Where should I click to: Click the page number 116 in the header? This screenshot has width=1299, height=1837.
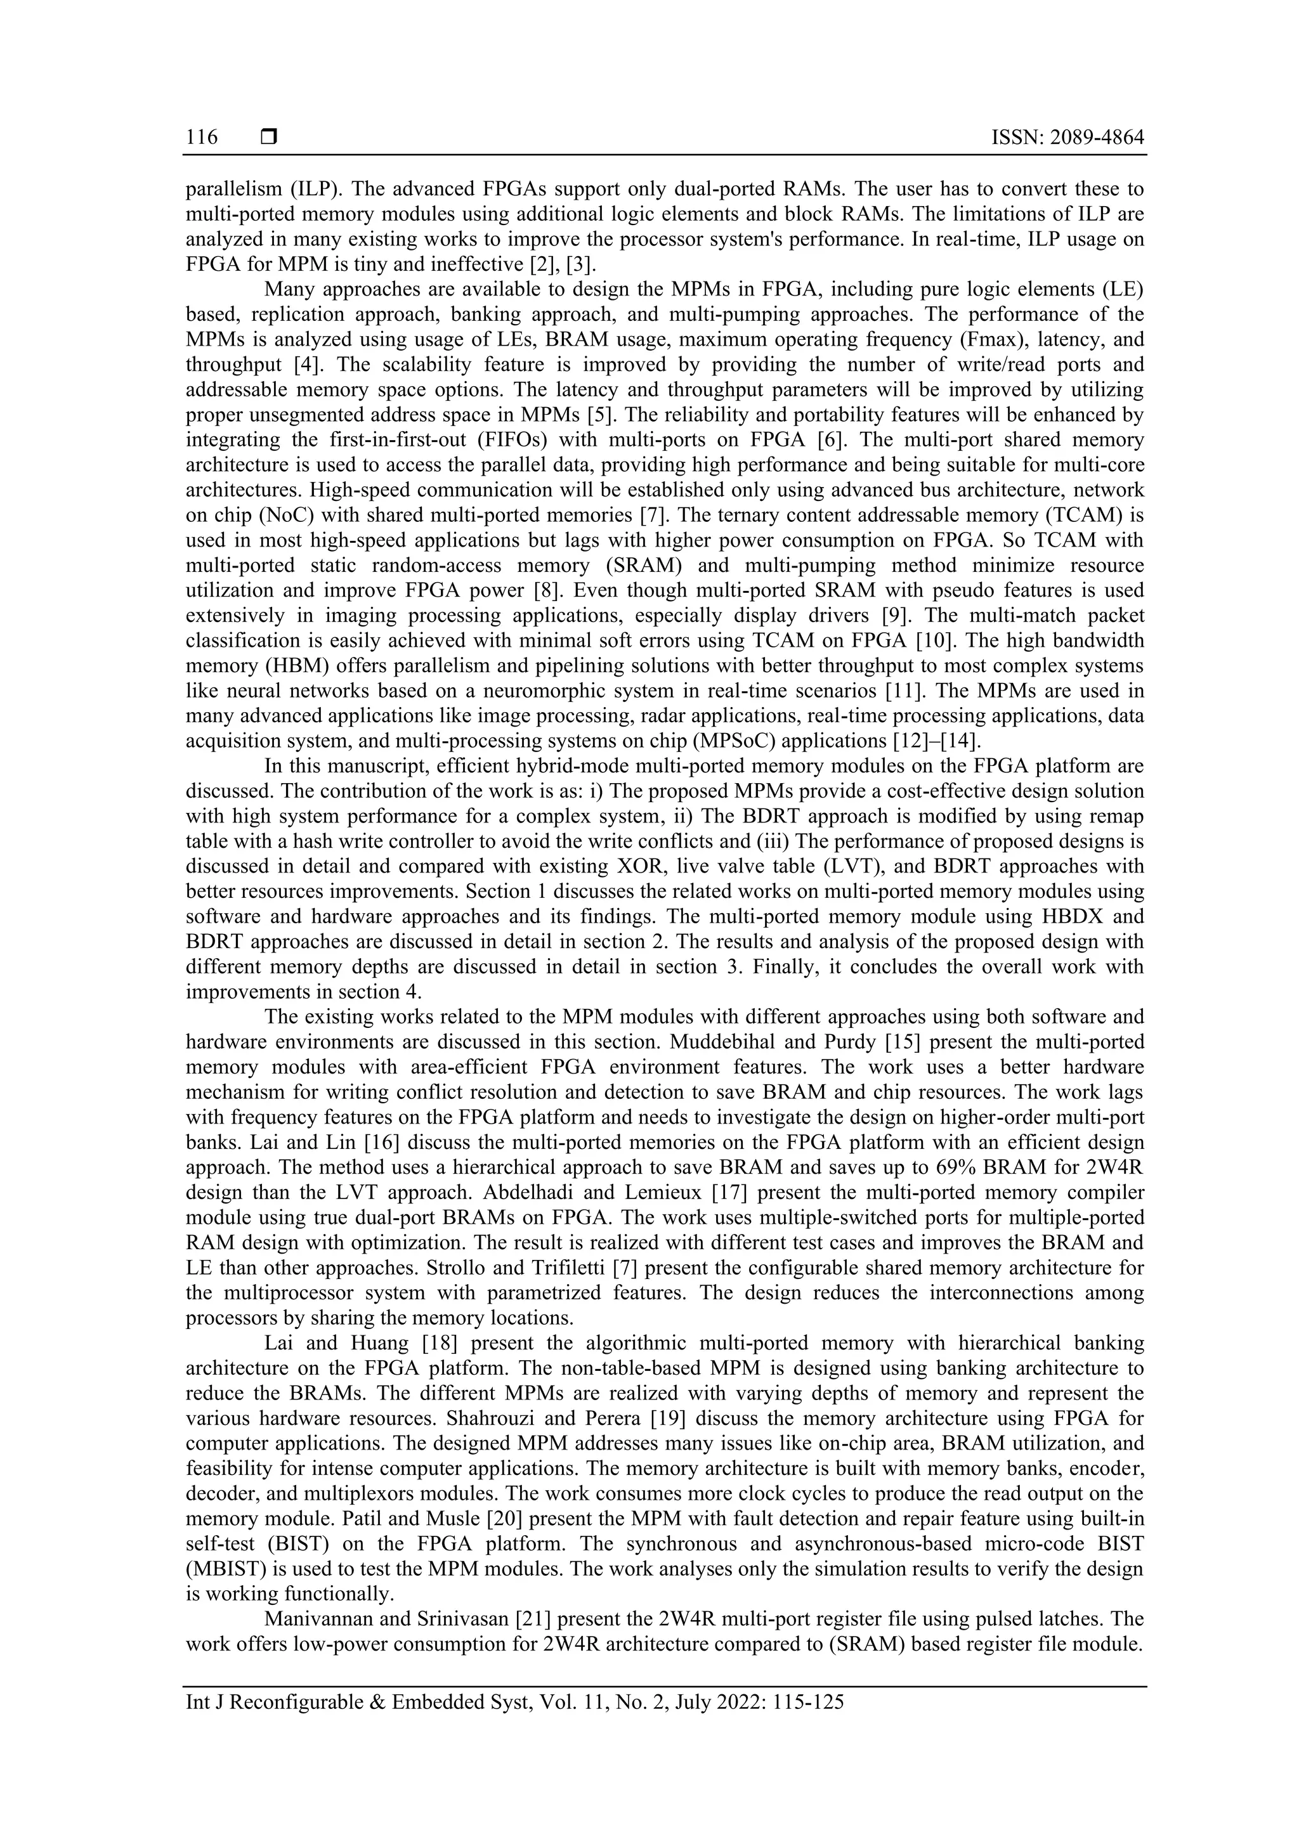[202, 138]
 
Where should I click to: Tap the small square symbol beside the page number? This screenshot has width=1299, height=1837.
[269, 138]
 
